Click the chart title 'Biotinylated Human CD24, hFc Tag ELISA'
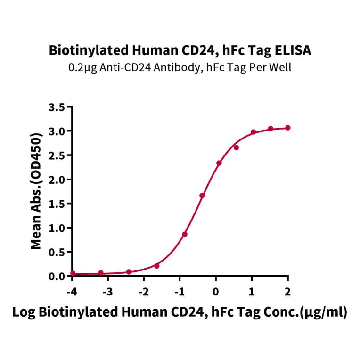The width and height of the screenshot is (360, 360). pyautogui.click(x=180, y=50)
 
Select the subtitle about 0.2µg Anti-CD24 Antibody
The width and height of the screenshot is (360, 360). pyautogui.click(x=180, y=67)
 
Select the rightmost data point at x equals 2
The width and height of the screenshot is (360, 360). pyautogui.click(x=288, y=128)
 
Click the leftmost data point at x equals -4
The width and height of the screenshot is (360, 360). pyautogui.click(x=73, y=273)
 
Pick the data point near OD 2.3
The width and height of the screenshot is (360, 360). pyautogui.click(x=219, y=163)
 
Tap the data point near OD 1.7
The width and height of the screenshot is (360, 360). pyautogui.click(x=202, y=196)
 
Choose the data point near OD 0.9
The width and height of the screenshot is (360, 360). pyautogui.click(x=185, y=234)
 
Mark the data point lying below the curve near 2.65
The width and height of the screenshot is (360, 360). pyautogui.click(x=236, y=147)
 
